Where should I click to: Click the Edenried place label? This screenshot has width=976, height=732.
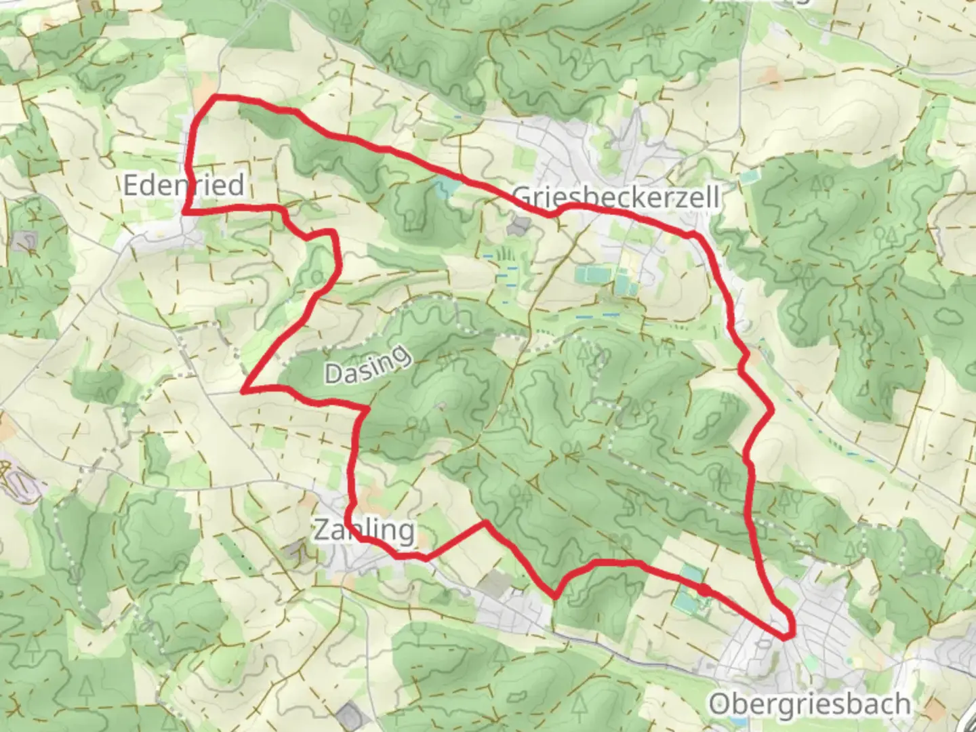183,185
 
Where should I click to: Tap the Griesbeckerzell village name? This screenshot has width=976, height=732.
615,197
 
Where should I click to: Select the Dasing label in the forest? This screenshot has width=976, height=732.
368,365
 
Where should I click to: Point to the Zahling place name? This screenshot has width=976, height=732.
364,530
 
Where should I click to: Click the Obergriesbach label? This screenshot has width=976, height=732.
809,704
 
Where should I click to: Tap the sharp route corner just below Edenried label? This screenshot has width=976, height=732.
184,212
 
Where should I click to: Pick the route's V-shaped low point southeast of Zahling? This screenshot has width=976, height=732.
555,597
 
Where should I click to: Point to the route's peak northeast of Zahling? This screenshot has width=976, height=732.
485,523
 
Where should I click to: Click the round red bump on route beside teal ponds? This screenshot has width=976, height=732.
705,590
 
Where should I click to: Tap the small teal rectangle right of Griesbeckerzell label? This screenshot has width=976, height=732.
750,178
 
